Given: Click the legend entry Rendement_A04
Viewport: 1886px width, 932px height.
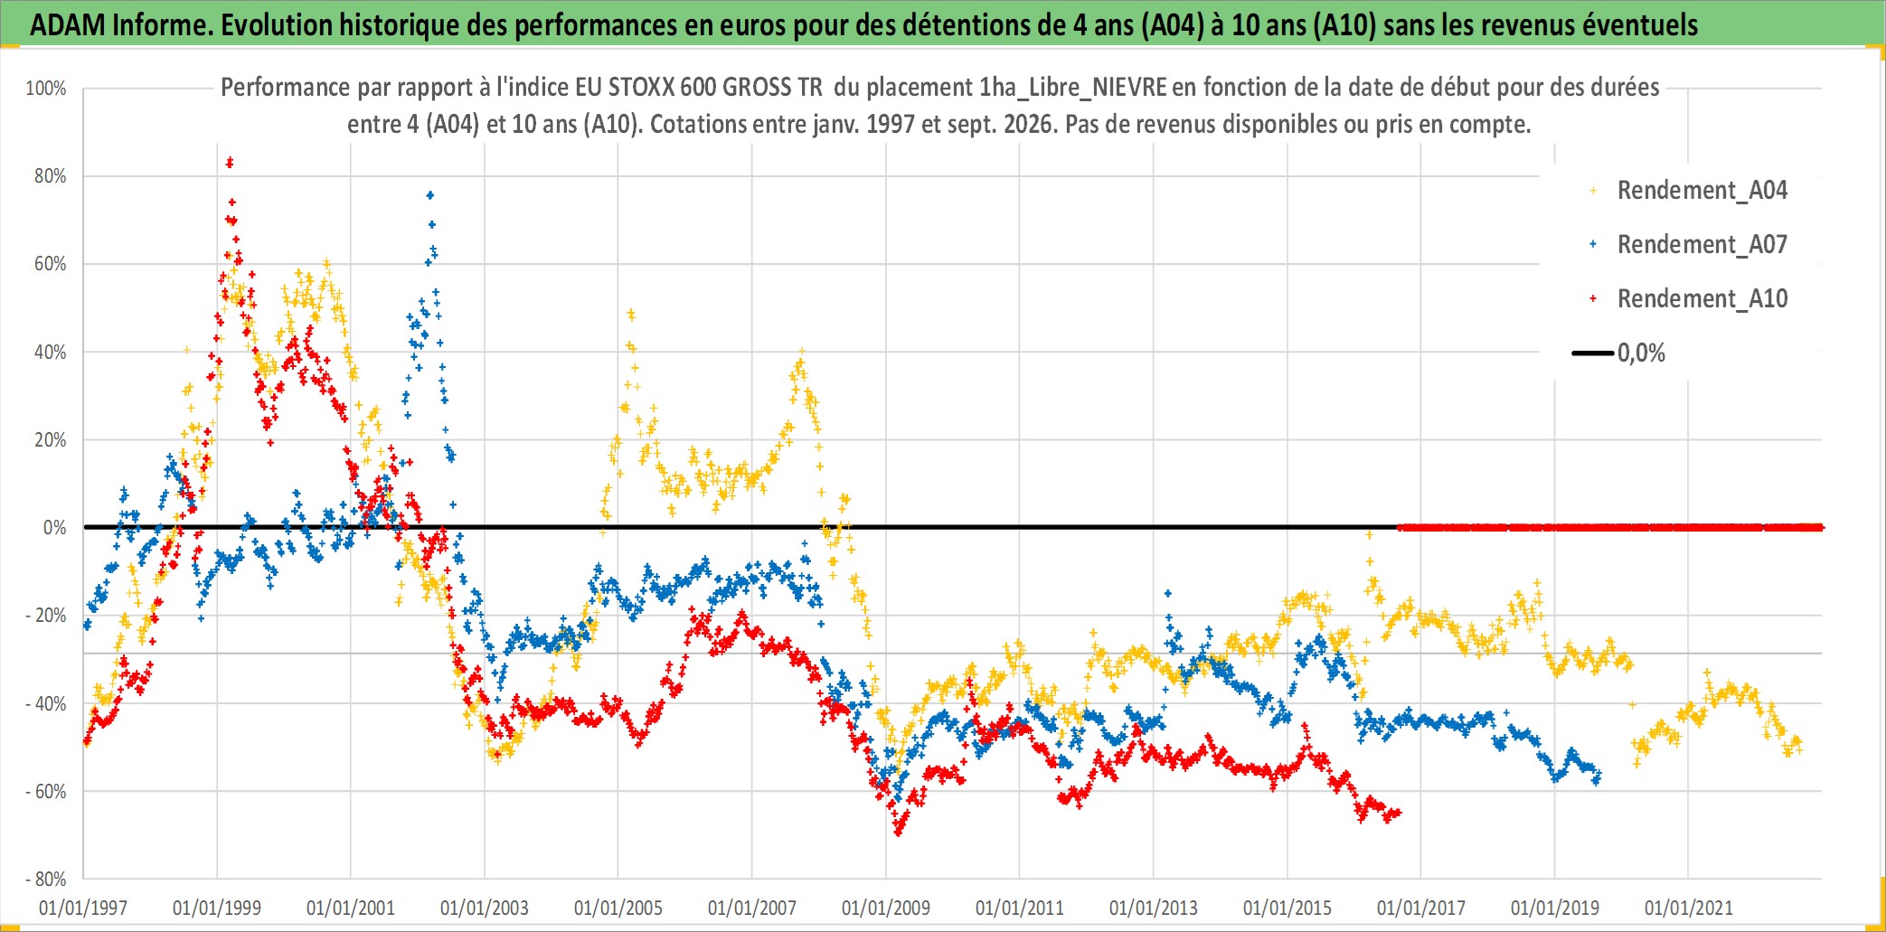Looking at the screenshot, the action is [1702, 191].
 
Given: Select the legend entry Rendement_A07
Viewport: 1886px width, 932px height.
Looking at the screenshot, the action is [1702, 245].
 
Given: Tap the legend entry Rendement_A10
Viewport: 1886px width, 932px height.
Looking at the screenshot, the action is [1702, 299].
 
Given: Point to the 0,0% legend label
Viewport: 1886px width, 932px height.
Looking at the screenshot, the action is [1641, 353].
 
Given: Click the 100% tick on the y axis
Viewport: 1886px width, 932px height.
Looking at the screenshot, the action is [46, 89].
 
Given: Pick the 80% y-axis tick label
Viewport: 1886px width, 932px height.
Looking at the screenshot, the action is [51, 176].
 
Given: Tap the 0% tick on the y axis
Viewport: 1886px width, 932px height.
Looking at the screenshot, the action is [55, 528].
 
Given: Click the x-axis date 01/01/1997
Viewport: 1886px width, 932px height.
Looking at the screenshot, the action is [83, 908].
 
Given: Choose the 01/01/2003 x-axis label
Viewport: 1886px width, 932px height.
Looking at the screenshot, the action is [485, 908].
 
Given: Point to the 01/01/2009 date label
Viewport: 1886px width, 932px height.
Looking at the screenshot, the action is [886, 908].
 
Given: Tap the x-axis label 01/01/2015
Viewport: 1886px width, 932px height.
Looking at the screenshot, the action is [1287, 908].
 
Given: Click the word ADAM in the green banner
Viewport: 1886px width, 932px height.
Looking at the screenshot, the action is [68, 25].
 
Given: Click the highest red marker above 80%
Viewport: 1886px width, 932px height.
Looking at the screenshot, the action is [230, 162].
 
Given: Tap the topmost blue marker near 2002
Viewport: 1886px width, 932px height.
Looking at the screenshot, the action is [430, 195].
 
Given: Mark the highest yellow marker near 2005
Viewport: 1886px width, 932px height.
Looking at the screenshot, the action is [631, 315].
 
